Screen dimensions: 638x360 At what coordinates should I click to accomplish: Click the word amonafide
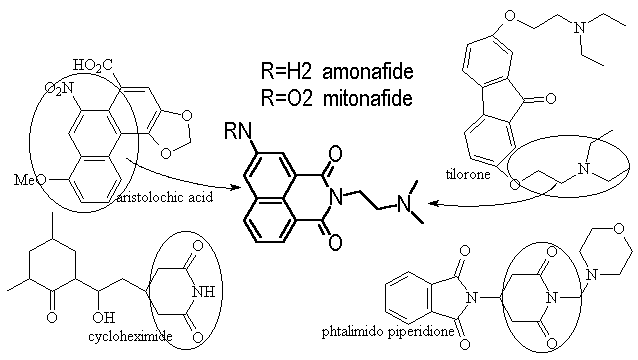click(368, 72)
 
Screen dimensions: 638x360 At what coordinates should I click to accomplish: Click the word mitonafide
click(368, 98)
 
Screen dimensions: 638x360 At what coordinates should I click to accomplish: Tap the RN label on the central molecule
click(238, 131)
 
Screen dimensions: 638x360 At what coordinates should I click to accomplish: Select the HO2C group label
click(93, 65)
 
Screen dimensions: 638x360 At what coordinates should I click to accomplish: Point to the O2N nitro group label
click(59, 88)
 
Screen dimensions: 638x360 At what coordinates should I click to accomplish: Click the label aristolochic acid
click(165, 197)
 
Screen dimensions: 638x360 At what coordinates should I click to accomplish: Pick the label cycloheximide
click(130, 336)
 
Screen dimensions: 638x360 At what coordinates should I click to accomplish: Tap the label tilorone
click(468, 175)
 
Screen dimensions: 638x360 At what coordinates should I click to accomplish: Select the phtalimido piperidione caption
click(388, 332)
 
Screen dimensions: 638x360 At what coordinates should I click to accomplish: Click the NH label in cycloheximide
click(203, 292)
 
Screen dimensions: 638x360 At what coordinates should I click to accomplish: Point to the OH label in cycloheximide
click(104, 317)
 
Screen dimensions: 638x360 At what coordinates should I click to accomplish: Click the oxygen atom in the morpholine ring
click(618, 229)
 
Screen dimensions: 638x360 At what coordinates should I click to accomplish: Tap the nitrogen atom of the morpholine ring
click(592, 275)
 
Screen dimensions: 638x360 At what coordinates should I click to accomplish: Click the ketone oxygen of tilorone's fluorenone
click(550, 98)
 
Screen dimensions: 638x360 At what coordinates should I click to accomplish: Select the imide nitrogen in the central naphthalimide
click(336, 198)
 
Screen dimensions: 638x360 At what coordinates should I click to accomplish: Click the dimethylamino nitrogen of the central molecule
click(404, 203)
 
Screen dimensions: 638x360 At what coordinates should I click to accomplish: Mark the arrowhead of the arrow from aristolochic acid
click(235, 188)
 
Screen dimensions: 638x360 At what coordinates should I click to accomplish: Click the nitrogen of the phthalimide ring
click(472, 298)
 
